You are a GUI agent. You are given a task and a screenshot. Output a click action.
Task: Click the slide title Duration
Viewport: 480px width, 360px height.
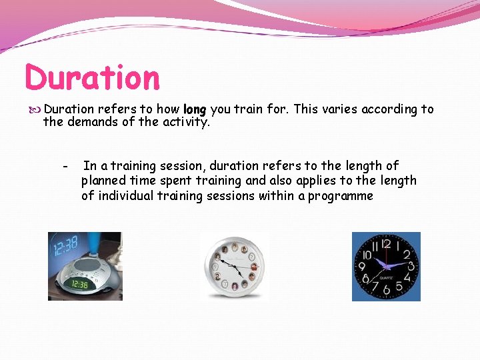[x=93, y=77]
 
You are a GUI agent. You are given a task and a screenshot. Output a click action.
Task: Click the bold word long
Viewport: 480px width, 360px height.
[x=195, y=109]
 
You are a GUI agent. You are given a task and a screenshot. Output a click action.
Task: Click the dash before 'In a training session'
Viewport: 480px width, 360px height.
[x=65, y=166]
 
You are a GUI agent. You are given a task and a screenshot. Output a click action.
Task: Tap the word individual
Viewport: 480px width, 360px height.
[x=125, y=195]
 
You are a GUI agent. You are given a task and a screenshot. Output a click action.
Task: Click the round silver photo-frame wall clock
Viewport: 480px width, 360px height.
[x=235, y=267]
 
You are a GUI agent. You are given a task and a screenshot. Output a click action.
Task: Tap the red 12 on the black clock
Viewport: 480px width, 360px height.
[x=386, y=244]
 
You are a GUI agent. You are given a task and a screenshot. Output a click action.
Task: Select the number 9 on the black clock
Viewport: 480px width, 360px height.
[x=363, y=267]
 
